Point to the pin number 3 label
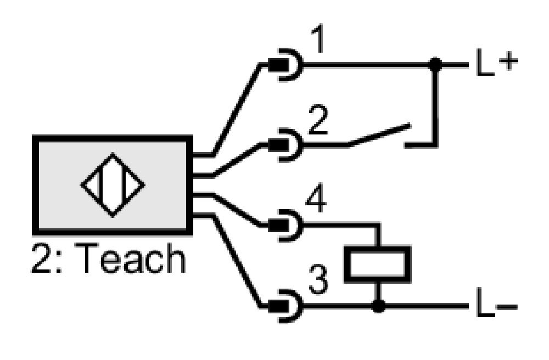tap(318, 279)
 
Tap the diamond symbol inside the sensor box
tap(113, 185)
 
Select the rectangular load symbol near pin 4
tap(378, 264)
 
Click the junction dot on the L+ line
tap(435, 64)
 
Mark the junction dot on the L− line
tap(378, 306)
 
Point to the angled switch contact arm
tap(379, 134)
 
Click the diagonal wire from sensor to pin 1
tap(237, 109)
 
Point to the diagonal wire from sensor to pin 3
tap(237, 261)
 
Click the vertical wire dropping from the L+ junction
tap(435, 105)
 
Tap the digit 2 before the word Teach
tap(41, 258)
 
